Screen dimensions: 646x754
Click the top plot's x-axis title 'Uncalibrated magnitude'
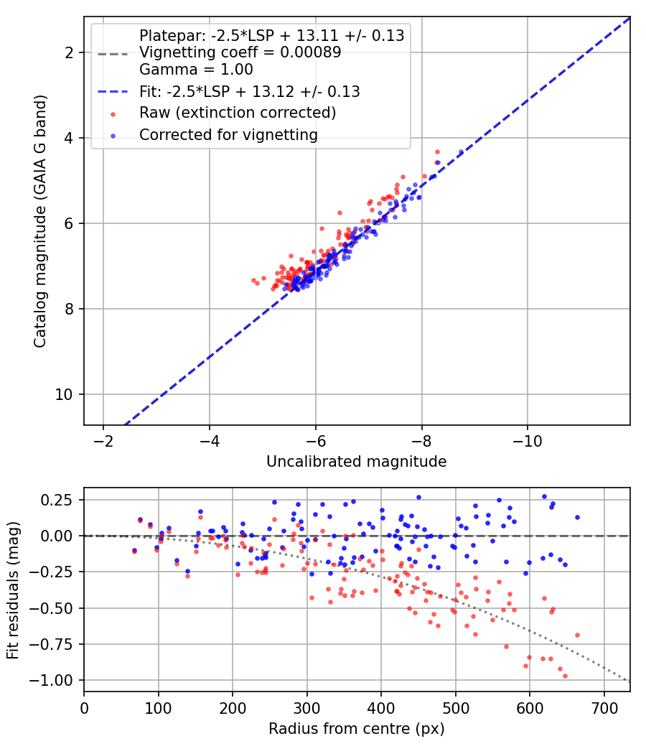pos(356,462)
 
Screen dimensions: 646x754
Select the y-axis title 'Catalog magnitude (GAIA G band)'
pos(40,221)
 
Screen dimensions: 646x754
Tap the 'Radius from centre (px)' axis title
pos(356,729)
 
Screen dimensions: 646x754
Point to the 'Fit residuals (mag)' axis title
pos(13,590)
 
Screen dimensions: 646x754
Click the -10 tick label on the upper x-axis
pos(528,440)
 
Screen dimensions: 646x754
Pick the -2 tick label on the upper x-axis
pos(103,440)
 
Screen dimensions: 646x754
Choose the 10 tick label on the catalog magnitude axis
pos(63,394)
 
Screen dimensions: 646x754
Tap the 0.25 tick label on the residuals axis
pos(57,500)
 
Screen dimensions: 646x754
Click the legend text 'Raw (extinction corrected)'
pos(238,113)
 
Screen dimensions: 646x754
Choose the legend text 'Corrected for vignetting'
pos(229,135)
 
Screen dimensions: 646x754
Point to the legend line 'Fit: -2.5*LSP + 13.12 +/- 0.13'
pos(250,91)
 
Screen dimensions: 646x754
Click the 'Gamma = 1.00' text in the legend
pos(196,70)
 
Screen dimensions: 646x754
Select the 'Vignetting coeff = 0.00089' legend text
pos(240,52)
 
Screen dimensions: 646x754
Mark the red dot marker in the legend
pos(113,114)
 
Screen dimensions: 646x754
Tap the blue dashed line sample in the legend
pos(113,92)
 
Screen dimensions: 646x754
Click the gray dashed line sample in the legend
pos(113,55)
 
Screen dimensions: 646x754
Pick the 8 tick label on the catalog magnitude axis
pos(69,309)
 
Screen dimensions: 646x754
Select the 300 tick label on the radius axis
pos(306,708)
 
